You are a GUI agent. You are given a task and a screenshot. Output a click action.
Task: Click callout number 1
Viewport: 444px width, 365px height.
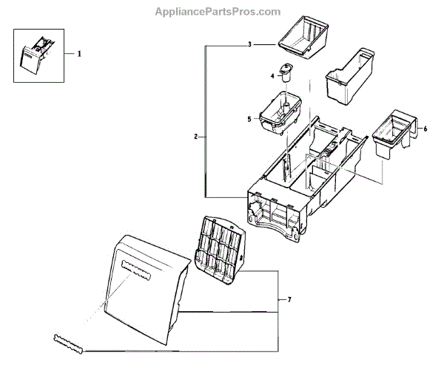click(x=81, y=54)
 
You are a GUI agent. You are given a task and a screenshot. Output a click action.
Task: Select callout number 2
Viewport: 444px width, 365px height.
click(x=195, y=137)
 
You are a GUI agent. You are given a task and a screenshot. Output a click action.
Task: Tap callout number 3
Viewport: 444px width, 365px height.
click(x=250, y=45)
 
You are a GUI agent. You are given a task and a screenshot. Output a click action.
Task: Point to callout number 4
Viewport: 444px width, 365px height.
click(x=272, y=75)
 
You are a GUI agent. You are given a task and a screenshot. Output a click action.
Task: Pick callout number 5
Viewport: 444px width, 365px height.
click(x=249, y=118)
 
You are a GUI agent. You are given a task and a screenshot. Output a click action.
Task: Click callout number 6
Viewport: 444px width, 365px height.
click(x=425, y=129)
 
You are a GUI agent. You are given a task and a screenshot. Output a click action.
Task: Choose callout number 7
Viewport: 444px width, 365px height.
click(x=289, y=299)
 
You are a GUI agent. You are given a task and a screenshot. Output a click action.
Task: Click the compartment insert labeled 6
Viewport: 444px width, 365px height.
click(x=393, y=134)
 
